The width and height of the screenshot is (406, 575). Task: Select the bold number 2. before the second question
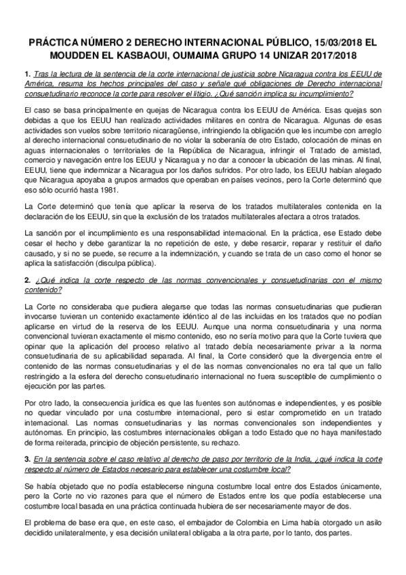coord(26,280)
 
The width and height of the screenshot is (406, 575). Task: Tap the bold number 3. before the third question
coord(26,459)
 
